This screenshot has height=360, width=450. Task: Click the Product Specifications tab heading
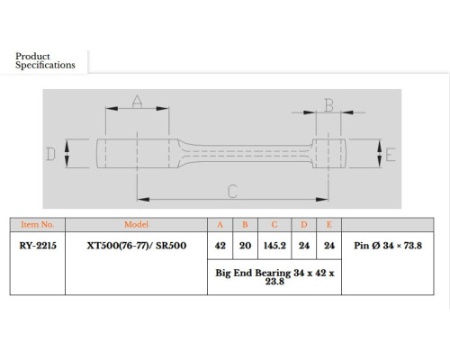pyautogui.click(x=45, y=60)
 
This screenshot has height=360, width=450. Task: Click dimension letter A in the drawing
pyautogui.click(x=137, y=102)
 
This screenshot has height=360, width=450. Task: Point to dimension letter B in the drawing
pyautogui.click(x=328, y=105)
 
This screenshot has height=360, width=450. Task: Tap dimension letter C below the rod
pyautogui.click(x=233, y=191)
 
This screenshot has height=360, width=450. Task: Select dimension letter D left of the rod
pyautogui.click(x=50, y=154)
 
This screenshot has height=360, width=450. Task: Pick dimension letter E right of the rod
pyautogui.click(x=391, y=155)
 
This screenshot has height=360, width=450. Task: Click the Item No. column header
pyautogui.click(x=38, y=224)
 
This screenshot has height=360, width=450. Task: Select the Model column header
pyautogui.click(x=137, y=224)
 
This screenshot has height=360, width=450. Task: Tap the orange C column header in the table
pyautogui.click(x=274, y=225)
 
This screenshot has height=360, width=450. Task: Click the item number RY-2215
pyautogui.click(x=38, y=246)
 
